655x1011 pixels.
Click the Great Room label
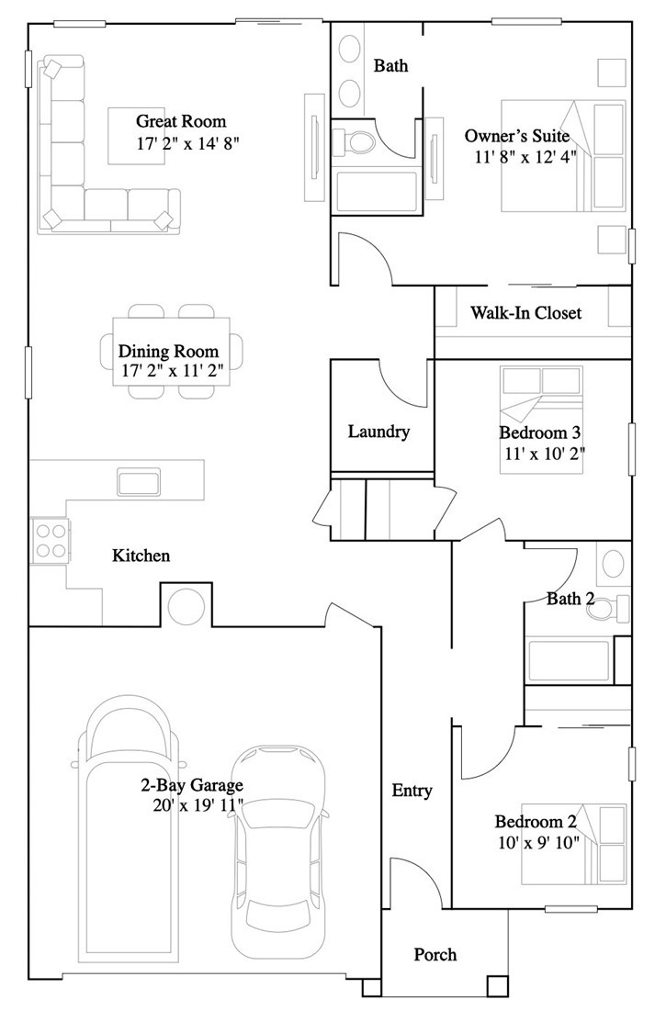(x=181, y=121)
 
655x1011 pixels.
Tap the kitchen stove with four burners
(x=50, y=540)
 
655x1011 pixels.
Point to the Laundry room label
(x=378, y=432)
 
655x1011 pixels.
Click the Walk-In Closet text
(x=526, y=313)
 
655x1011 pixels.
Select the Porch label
(x=435, y=954)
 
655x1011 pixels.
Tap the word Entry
(x=412, y=791)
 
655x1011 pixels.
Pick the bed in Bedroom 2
(x=573, y=843)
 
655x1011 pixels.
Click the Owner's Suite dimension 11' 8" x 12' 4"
(x=525, y=157)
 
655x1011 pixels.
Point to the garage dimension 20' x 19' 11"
(x=198, y=804)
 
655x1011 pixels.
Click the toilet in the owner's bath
(x=353, y=141)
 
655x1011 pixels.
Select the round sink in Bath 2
(x=613, y=564)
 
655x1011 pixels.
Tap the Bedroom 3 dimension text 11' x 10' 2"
(x=545, y=453)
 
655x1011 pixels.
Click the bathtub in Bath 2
(x=569, y=660)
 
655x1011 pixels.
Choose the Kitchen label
(x=141, y=556)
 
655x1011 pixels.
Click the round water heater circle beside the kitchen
(x=186, y=606)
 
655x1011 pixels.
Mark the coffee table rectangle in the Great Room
(x=136, y=136)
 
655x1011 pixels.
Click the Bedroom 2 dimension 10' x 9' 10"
(x=539, y=842)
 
